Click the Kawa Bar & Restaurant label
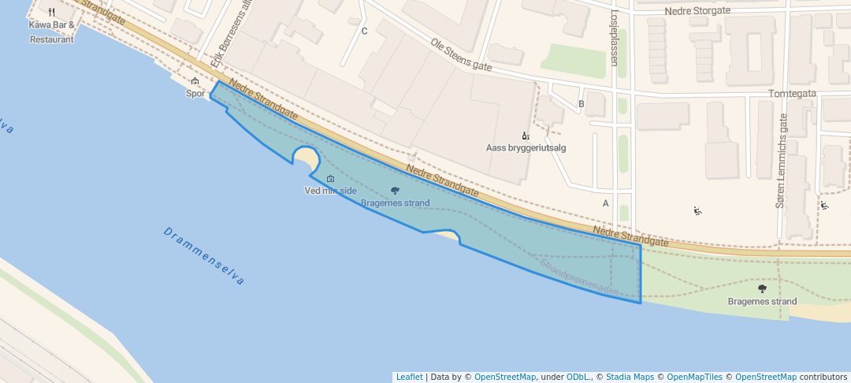click(52, 32)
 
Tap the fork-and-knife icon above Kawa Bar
click(52, 12)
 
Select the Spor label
click(195, 93)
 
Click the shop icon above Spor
click(195, 81)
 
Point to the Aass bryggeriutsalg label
click(526, 147)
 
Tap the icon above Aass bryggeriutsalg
click(526, 136)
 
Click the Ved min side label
click(329, 191)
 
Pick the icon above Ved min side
click(330, 178)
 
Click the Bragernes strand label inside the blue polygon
click(395, 203)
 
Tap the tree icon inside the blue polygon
click(395, 191)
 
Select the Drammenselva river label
click(205, 256)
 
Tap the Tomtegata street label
click(792, 93)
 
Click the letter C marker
click(364, 32)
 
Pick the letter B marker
click(582, 103)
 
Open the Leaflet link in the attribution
click(409, 377)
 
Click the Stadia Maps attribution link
click(629, 377)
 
